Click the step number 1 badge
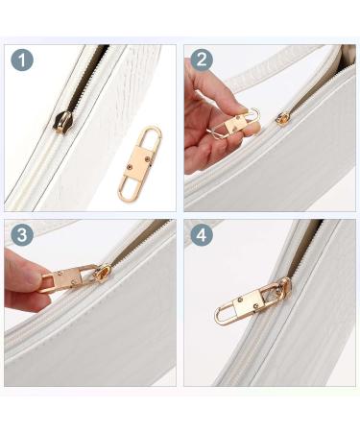click(x=22, y=60)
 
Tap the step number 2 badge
click(x=202, y=60)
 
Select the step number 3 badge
click(x=22, y=234)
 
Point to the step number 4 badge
click(x=202, y=235)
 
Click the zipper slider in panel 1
click(x=63, y=121)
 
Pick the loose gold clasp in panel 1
click(x=140, y=163)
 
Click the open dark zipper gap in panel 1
click(x=85, y=79)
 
